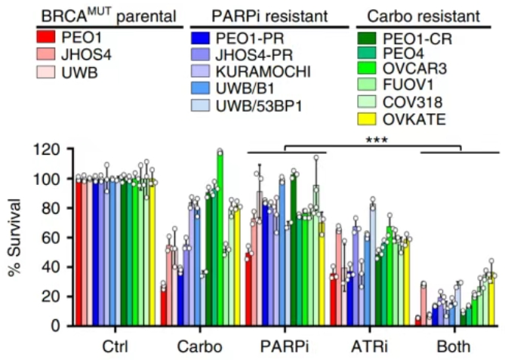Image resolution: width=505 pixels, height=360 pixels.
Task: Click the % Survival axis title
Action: (x=14, y=236)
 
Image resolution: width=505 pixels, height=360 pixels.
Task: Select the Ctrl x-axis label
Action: (x=116, y=347)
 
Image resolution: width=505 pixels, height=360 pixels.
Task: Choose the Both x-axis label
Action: (x=453, y=347)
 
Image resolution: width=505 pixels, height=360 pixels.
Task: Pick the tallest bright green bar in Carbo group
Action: (x=220, y=238)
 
